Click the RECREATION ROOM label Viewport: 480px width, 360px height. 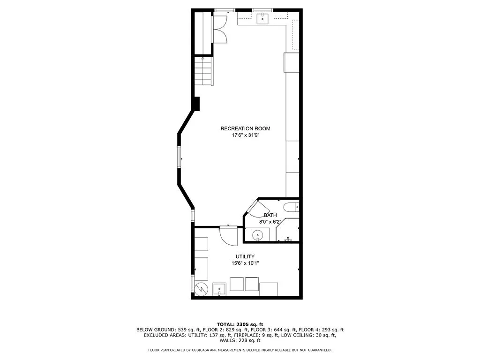click(245, 128)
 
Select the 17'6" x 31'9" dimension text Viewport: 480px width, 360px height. click(245, 135)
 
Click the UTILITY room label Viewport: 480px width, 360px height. click(245, 256)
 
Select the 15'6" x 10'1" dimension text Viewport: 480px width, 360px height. click(245, 263)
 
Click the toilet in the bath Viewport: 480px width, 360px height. click(292, 206)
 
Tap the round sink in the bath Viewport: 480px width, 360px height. click(258, 235)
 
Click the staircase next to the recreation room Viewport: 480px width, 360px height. click(203, 70)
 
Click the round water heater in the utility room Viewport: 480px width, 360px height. click(201, 288)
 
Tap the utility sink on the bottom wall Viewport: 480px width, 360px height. click(219, 288)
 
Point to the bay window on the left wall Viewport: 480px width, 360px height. click(179, 157)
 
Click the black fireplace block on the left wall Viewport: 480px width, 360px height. click(197, 103)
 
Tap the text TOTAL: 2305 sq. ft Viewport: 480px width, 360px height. click(240, 324)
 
